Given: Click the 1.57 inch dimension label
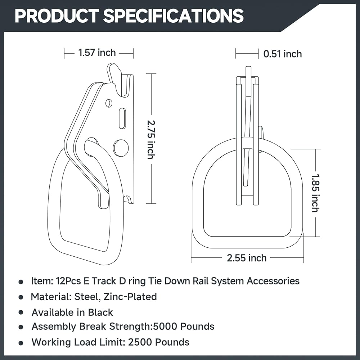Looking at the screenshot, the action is point(97,53).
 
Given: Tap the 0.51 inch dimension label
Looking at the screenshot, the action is point(283,54).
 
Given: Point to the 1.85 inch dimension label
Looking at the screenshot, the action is point(315,193).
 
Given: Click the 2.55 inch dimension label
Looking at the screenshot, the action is point(247,258).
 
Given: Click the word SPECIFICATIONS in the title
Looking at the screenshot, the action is point(174,16).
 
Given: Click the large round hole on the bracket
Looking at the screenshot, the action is point(121,148).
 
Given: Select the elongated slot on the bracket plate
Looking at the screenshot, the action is point(122,118).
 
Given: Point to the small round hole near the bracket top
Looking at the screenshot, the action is point(109,103).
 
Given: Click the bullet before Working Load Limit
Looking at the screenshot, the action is point(21,342).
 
